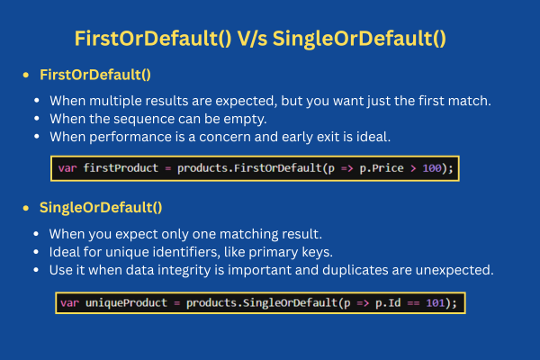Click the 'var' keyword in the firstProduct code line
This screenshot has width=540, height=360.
67,168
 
